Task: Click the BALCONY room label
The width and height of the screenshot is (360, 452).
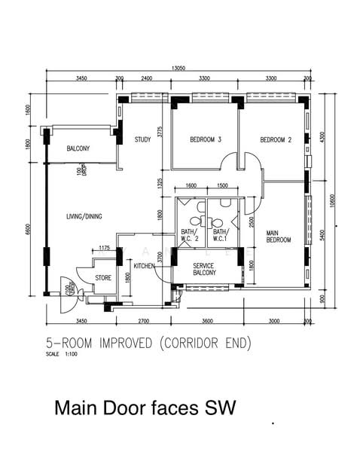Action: pos(78,149)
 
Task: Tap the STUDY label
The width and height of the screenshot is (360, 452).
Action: pos(143,139)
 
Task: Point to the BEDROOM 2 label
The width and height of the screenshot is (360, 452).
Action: pos(276,139)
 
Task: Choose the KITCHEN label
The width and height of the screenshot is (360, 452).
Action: pos(145,266)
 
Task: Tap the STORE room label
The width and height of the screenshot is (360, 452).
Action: pos(104,278)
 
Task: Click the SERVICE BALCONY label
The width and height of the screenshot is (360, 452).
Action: pos(205,269)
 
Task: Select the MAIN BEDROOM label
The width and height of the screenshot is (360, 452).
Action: pos(279,237)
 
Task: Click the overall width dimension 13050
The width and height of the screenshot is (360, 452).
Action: pos(178,68)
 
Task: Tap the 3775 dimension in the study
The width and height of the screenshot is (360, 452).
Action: pos(160,133)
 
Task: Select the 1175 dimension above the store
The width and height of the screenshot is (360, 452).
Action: pos(105,248)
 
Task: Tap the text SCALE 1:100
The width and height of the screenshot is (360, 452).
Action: pos(62,353)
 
